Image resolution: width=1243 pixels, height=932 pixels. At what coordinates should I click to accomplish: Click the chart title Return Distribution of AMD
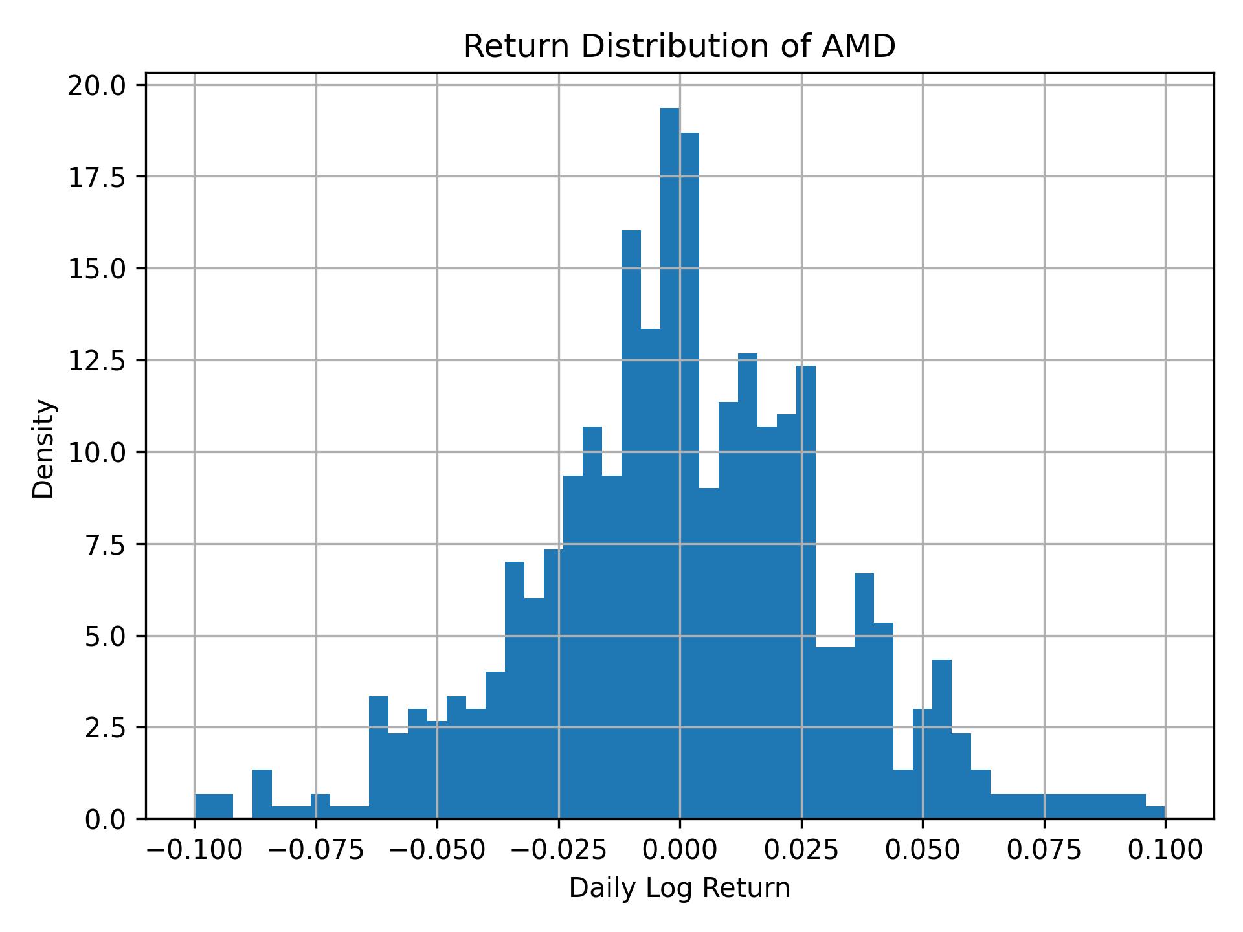click(679, 47)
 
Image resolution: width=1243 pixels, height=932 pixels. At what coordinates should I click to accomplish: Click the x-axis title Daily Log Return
click(679, 889)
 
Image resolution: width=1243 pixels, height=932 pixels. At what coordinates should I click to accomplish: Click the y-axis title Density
click(44, 448)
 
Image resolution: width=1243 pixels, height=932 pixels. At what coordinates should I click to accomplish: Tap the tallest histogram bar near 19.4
click(669, 453)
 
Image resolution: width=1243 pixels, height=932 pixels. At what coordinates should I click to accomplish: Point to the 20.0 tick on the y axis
click(96, 85)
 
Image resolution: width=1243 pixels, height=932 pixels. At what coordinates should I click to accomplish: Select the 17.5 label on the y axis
click(96, 177)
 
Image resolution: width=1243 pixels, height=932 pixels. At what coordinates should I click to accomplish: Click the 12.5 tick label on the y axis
click(96, 361)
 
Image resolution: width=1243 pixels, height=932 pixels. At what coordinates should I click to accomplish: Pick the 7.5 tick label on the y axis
click(104, 544)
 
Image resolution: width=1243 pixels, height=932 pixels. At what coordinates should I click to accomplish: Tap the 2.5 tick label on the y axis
click(104, 727)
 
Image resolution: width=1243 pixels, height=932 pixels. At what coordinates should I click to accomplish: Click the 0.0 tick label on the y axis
click(104, 819)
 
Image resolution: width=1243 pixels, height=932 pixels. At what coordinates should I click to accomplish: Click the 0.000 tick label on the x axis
click(679, 850)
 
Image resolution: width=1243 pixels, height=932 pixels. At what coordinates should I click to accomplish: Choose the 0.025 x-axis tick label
click(801, 850)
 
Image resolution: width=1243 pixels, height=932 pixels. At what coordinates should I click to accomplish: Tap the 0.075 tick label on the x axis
click(1044, 850)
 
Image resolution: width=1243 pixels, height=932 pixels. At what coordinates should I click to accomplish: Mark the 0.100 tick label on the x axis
click(1165, 850)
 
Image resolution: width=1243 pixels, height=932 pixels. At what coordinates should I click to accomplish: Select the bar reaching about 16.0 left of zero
click(631, 518)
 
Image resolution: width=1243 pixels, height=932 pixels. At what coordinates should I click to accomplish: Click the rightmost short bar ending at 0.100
click(1155, 813)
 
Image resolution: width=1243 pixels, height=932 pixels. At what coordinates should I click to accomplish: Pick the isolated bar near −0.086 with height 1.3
click(262, 795)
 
